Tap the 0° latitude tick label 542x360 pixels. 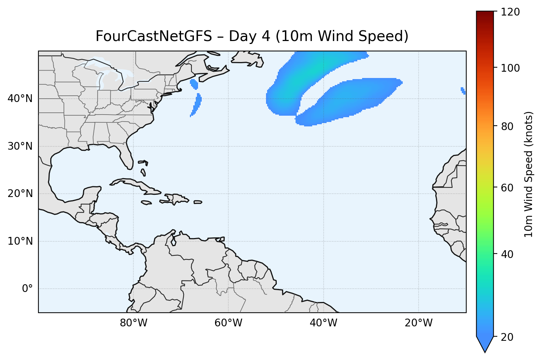(27, 289)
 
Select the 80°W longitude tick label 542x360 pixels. (134, 323)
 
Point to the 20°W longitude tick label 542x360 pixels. (419, 323)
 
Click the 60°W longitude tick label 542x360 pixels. (229, 323)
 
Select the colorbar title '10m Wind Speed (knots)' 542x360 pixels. (529, 174)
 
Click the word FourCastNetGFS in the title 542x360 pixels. (154, 37)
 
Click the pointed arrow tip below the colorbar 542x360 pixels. (485, 349)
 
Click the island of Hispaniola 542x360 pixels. (177, 198)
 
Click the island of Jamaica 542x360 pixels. (146, 203)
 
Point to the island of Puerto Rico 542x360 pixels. (198, 202)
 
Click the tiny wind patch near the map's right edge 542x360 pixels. (463, 90)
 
